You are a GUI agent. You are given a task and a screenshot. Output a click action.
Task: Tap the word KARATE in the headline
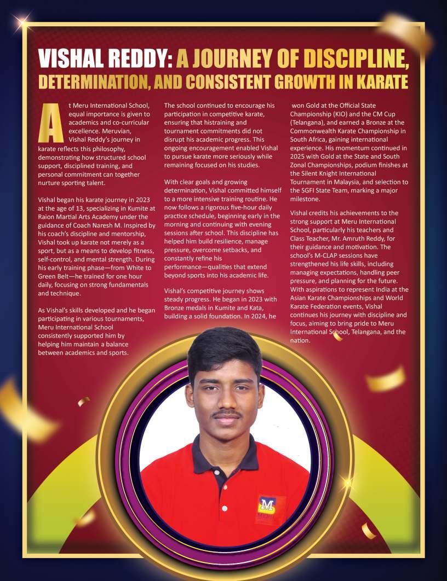(x=377, y=82)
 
